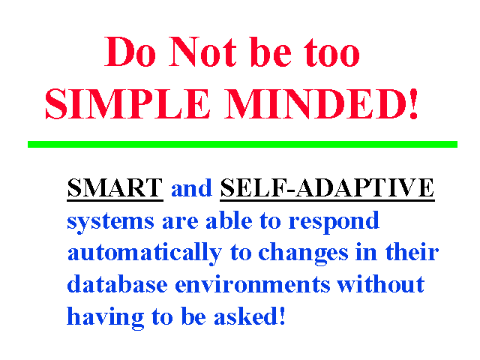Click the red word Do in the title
click(130, 52)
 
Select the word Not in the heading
click(202, 52)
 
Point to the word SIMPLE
click(127, 103)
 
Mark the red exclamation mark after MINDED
click(413, 103)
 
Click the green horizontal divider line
click(242, 144)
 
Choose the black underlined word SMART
click(115, 187)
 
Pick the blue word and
click(191, 188)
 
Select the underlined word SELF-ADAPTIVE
click(327, 187)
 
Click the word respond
click(334, 221)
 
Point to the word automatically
click(145, 253)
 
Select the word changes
click(303, 253)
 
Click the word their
click(412, 252)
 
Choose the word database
click(117, 284)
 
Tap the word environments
click(253, 285)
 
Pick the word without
click(380, 284)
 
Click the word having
click(105, 317)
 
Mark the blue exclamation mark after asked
click(283, 315)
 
